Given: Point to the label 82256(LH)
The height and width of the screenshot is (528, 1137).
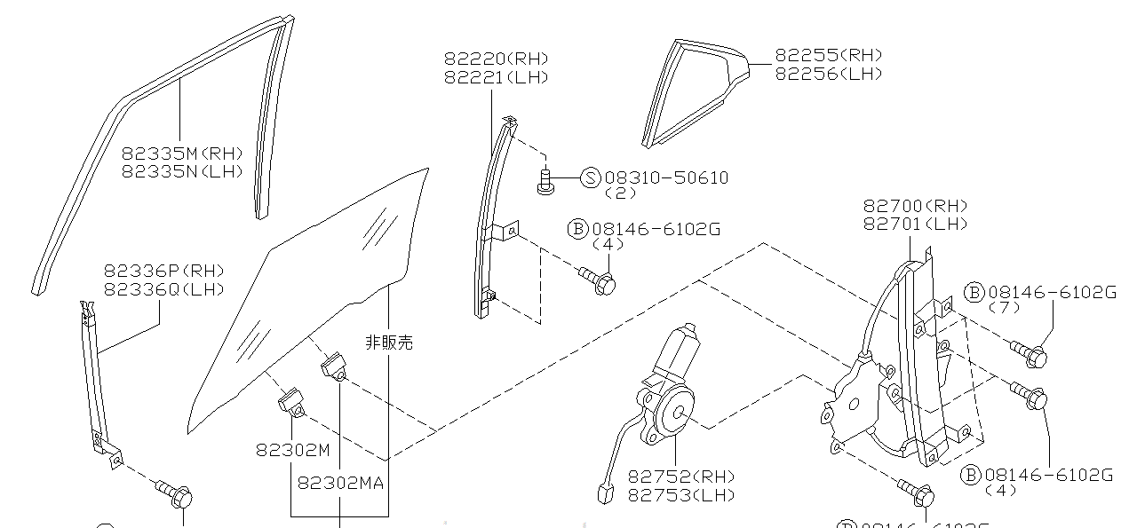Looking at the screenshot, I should pyautogui.click(x=829, y=74).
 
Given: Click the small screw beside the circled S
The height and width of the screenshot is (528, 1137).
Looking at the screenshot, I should pyautogui.click(x=545, y=181).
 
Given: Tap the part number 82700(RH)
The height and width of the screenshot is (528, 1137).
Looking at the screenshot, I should pyautogui.click(x=916, y=206).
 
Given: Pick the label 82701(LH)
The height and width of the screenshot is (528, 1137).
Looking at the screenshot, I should pyautogui.click(x=916, y=225).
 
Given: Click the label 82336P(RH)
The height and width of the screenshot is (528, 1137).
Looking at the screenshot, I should pyautogui.click(x=163, y=271).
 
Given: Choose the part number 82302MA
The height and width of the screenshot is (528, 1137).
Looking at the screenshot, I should pyautogui.click(x=340, y=484).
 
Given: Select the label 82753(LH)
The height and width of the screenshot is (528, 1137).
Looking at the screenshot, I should pyautogui.click(x=681, y=495).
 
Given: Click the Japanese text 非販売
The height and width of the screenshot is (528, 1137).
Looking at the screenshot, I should pyautogui.click(x=389, y=342).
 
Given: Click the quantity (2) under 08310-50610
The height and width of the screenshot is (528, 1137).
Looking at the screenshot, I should pyautogui.click(x=620, y=193).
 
